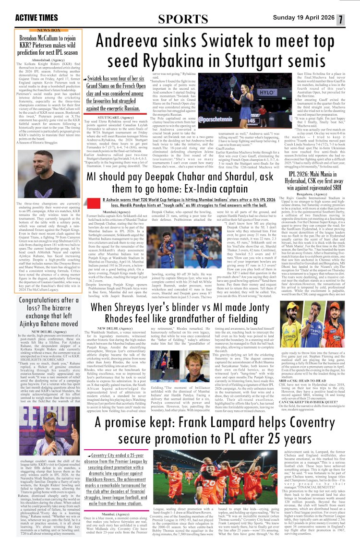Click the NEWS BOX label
49,30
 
